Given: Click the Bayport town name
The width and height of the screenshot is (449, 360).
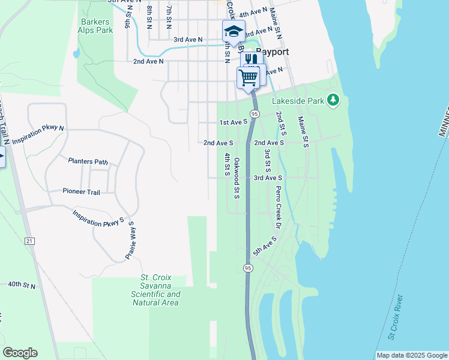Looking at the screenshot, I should tap(273, 52).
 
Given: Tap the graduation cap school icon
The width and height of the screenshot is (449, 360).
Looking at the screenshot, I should tap(234, 31).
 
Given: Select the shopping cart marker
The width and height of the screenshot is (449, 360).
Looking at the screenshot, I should tap(248, 77).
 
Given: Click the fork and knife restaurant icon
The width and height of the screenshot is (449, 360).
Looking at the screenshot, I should tap(252, 59).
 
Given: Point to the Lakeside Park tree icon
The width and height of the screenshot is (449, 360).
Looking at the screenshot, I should tap(333, 100).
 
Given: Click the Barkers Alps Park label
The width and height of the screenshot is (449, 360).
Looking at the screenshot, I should tap(96, 26).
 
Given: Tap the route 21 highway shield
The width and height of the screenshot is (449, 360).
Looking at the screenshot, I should tap(30, 241).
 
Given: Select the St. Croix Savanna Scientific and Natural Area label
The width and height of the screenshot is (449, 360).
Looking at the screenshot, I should tap(156, 290).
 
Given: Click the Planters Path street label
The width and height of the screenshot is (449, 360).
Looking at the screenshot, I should tap(88, 161).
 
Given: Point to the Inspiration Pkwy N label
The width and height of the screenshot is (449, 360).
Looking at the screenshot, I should tap(38, 135).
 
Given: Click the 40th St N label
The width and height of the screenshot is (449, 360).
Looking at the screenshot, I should tap(22, 286).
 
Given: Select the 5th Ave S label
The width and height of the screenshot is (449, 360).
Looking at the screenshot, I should tap(264, 247).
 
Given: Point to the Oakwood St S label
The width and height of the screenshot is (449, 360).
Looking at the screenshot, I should tap(237, 178).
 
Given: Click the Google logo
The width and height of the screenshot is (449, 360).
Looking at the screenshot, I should tap(20, 353).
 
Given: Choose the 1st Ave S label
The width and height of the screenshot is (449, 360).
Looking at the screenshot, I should tap(234, 122).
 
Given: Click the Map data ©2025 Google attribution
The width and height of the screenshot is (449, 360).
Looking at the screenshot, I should tap(412, 355).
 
